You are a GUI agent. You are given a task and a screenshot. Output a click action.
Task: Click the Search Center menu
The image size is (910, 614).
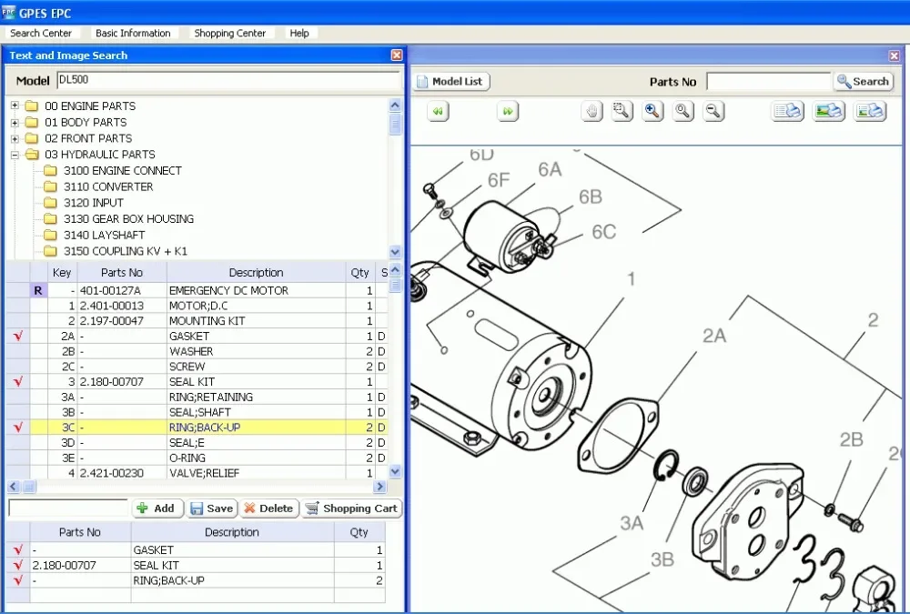pyautogui.click(x=41, y=34)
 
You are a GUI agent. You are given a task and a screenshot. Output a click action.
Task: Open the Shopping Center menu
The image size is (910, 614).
pyautogui.click(x=229, y=34)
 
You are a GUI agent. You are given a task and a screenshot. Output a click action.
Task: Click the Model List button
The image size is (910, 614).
pyautogui.click(x=452, y=82)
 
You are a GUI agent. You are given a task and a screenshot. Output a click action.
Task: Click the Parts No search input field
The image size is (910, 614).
pyautogui.click(x=768, y=82)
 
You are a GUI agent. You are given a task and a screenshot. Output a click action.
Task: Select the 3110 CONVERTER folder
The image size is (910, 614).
pyautogui.click(x=107, y=186)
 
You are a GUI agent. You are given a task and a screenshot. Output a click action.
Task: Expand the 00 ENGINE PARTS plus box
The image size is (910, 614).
pyautogui.click(x=15, y=106)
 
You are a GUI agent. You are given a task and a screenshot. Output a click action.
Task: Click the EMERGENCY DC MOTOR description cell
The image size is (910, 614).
pyautogui.click(x=228, y=291)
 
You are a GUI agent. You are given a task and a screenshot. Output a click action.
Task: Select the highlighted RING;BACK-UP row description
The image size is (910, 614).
pyautogui.click(x=205, y=428)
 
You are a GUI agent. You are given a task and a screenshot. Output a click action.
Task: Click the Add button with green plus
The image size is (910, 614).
pyautogui.click(x=157, y=508)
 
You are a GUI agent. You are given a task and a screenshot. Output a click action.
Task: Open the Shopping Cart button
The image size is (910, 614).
pyautogui.click(x=351, y=508)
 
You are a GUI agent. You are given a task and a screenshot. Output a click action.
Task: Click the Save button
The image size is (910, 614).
pyautogui.click(x=212, y=508)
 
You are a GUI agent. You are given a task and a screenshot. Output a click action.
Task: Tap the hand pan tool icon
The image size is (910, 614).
pyautogui.click(x=592, y=111)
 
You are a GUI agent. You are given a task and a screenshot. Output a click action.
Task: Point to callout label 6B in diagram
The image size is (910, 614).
pyautogui.click(x=590, y=197)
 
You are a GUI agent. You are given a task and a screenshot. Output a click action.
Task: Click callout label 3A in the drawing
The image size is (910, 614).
pyautogui.click(x=632, y=523)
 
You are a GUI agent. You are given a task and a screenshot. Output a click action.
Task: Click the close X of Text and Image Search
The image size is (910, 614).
pyautogui.click(x=397, y=55)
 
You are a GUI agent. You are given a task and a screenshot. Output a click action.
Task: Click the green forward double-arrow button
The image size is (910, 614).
pyautogui.click(x=508, y=111)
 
